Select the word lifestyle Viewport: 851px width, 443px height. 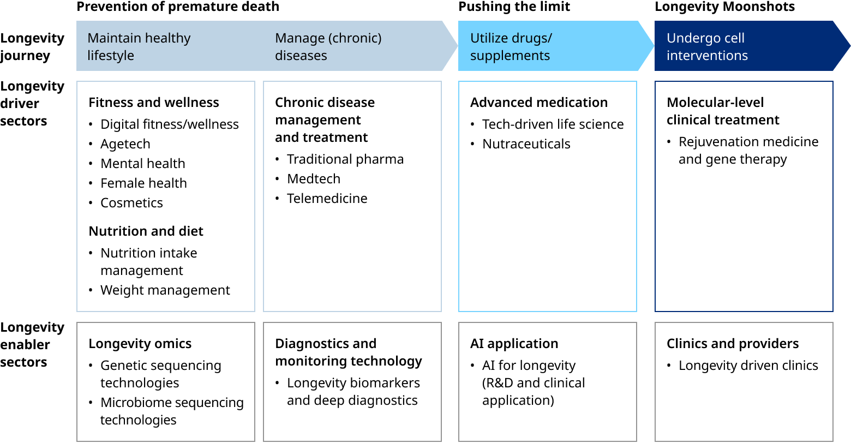(x=111, y=56)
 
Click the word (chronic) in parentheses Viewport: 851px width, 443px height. (x=355, y=38)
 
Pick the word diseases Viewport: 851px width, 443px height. (x=301, y=56)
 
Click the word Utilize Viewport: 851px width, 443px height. (x=488, y=38)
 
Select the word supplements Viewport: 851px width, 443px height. (x=510, y=56)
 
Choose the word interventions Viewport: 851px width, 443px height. (x=707, y=56)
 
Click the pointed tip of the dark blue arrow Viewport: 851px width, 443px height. (x=849, y=46)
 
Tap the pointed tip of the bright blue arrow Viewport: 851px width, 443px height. (x=653, y=46)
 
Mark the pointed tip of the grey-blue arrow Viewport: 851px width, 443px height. (x=457, y=46)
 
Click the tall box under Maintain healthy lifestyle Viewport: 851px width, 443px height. (x=166, y=196)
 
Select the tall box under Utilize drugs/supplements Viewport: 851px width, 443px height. (x=548, y=196)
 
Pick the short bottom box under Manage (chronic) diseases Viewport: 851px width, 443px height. (x=352, y=381)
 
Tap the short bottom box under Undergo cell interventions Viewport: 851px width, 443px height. (x=744, y=381)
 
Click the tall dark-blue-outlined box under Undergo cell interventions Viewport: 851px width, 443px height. (x=744, y=196)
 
